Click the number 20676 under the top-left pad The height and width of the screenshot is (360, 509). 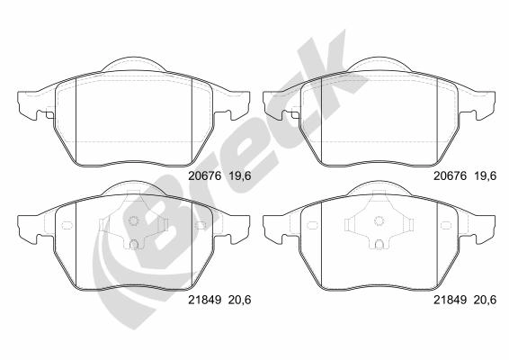(x=205, y=175)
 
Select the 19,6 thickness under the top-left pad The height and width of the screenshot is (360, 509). (x=240, y=175)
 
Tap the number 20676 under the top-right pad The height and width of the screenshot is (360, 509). (x=451, y=175)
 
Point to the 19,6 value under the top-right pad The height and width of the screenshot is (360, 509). (x=486, y=175)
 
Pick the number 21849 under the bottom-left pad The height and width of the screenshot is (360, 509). (x=205, y=300)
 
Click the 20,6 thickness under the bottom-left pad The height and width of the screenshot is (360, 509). (x=240, y=300)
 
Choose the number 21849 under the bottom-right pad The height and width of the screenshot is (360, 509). (x=451, y=300)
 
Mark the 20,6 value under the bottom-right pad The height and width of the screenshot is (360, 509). (x=486, y=300)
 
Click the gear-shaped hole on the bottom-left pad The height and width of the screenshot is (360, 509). (x=133, y=220)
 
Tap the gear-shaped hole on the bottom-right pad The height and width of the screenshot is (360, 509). (x=379, y=220)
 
